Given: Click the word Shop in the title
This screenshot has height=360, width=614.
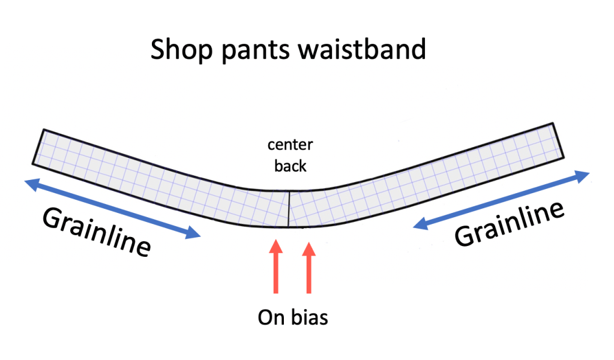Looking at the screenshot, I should tap(182, 49).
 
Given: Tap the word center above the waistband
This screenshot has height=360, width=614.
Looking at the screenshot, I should tap(290, 146).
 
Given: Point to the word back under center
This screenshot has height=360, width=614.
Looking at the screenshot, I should tap(290, 165).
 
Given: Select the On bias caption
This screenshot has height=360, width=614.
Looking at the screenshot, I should tap(293, 317).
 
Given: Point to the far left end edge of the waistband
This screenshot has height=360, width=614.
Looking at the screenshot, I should tap(37, 147).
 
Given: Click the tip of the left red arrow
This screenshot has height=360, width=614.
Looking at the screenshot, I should tap(276, 242).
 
